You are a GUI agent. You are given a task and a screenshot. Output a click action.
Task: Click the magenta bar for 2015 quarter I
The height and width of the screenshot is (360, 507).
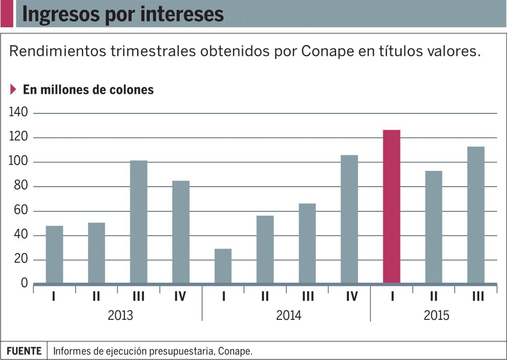tap(391, 206)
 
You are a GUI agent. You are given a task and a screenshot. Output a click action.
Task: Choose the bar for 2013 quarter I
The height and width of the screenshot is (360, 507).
tap(54, 255)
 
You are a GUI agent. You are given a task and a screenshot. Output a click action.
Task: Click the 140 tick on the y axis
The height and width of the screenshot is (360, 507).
tap(18, 113)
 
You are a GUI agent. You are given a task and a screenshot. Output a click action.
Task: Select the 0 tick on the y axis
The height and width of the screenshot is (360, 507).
tap(24, 283)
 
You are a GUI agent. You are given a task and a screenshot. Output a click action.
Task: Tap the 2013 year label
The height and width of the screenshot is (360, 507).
tap(120, 315)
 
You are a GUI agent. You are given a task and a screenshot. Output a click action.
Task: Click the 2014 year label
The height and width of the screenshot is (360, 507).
tap(288, 315)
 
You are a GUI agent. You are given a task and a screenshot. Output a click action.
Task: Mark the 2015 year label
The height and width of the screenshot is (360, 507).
tap(436, 315)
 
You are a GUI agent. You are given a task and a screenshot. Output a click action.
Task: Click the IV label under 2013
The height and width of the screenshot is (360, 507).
tap(180, 297)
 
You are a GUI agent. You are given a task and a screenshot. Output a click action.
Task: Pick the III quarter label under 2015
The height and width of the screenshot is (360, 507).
tap(478, 297)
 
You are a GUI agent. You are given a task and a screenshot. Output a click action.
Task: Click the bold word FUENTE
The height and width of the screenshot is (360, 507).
tap(24, 351)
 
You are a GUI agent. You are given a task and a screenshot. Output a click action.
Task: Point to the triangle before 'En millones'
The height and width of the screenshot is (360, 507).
tap(13, 90)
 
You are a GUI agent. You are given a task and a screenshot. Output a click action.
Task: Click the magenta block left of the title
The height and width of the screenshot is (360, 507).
tap(6, 14)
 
